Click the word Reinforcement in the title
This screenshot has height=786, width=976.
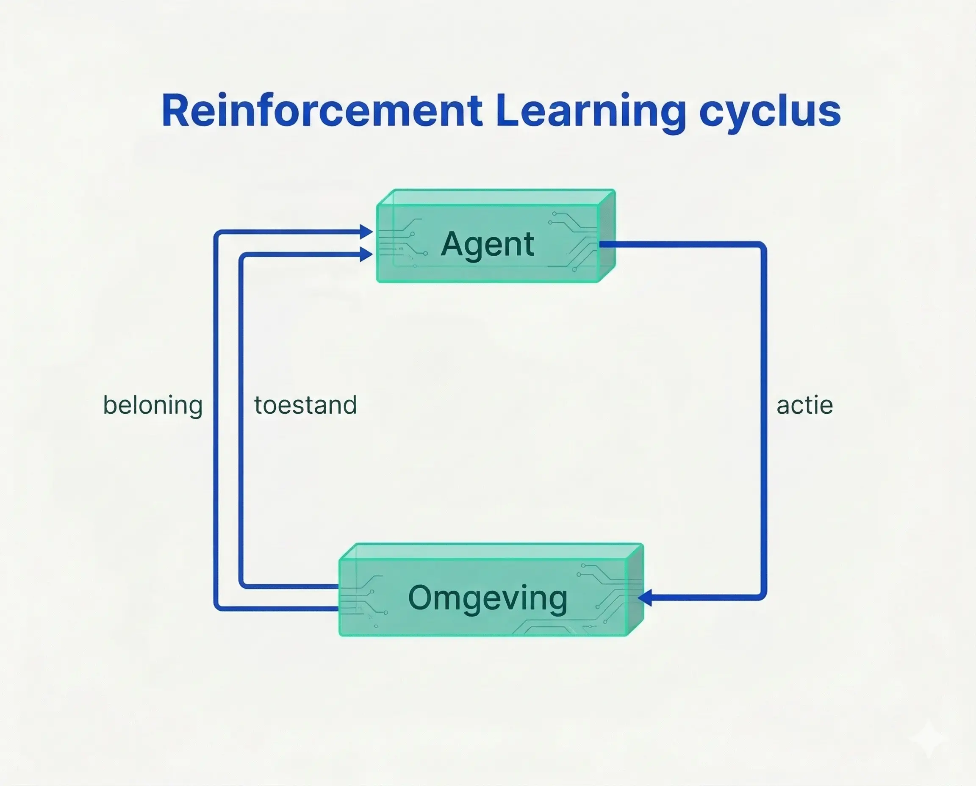(x=322, y=111)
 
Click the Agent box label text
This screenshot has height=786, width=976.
(x=487, y=244)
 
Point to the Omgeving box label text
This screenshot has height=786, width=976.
(x=487, y=598)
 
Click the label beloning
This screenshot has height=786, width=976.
(x=152, y=405)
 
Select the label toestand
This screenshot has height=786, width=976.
(x=305, y=405)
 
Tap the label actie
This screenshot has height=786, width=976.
(x=804, y=405)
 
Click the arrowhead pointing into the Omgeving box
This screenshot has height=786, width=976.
(x=645, y=598)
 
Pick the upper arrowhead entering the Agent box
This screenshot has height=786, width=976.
(x=366, y=232)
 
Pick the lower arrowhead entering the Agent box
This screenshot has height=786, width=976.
(x=366, y=254)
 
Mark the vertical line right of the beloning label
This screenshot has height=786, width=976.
(x=216, y=421)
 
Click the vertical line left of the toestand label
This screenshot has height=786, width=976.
(x=241, y=421)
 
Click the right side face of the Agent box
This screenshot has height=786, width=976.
(x=607, y=235)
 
